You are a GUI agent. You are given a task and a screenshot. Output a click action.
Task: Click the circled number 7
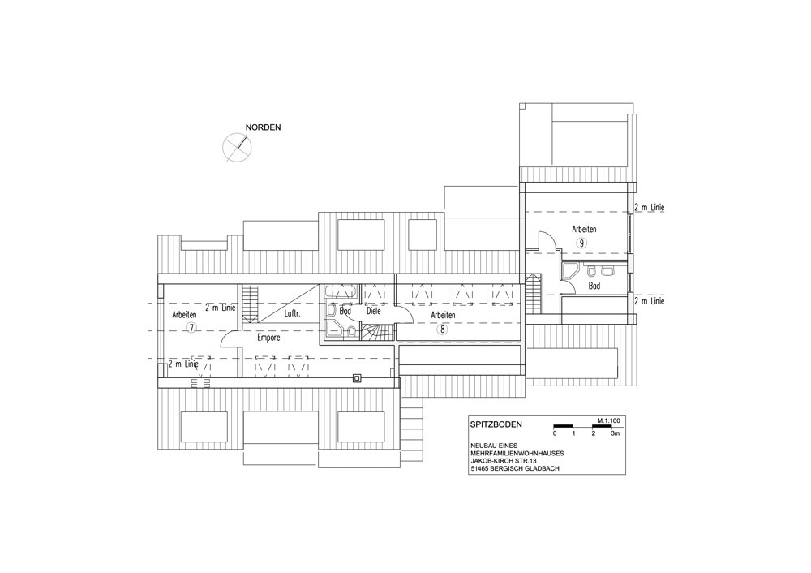coord(191,327)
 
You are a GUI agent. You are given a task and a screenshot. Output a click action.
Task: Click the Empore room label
coord(268,337)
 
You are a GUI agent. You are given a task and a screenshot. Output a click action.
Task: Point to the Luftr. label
coord(293,312)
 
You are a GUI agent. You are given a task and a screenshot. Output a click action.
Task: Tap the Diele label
coord(374,310)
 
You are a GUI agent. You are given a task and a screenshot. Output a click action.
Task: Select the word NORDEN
coord(263,127)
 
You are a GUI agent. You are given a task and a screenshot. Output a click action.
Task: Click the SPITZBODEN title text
coord(496,424)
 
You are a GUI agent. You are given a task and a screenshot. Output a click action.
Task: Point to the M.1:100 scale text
coord(608,420)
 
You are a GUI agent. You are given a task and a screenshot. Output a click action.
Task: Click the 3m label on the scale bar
coord(616,434)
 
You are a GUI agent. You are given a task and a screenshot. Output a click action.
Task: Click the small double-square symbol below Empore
coord(358,377)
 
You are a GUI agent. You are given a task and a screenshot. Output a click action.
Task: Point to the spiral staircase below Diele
coord(379,332)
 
